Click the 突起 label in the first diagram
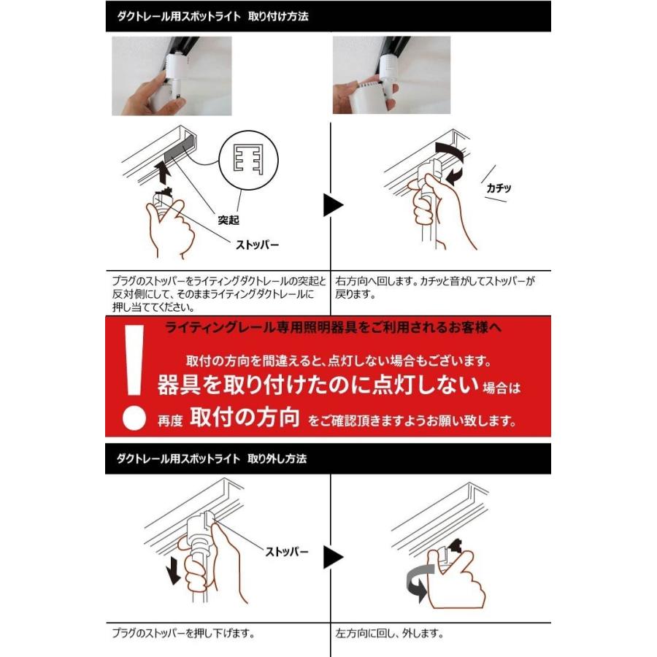(x=228, y=218)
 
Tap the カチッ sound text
(x=499, y=188)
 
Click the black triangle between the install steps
(x=333, y=205)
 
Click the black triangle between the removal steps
(x=333, y=558)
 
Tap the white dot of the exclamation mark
(x=131, y=418)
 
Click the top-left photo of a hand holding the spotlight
(x=171, y=76)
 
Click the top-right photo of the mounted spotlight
(x=391, y=76)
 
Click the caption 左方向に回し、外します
(x=390, y=633)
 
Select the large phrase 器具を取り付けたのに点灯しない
(x=318, y=385)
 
